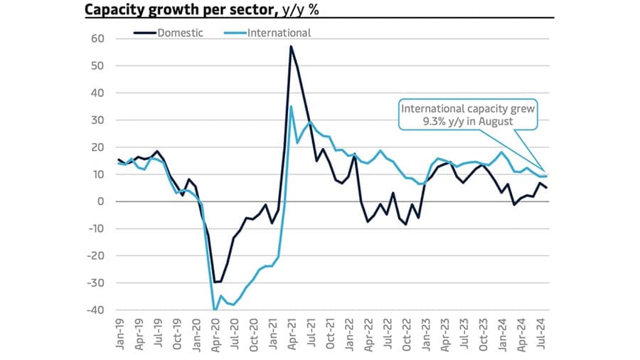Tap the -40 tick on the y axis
[94, 310]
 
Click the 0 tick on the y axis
[100, 201]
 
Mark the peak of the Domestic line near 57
[291, 46]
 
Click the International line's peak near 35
[291, 107]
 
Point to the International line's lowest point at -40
[214, 309]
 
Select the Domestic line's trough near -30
[215, 282]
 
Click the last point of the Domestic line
[546, 188]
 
